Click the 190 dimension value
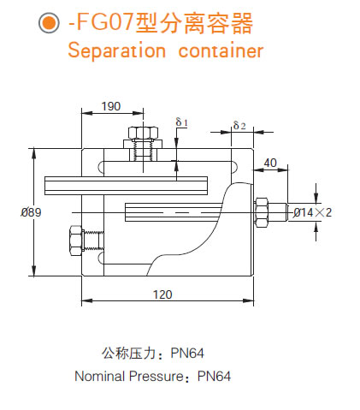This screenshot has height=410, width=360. tap(110, 106)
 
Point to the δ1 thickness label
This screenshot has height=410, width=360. tap(182, 122)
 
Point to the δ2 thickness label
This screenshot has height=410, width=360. tap(239, 126)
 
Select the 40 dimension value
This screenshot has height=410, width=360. tap(270, 163)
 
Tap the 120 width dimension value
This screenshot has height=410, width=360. tap(162, 294)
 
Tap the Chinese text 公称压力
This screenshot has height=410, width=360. tap(127, 353)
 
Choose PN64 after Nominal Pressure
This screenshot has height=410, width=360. tap(215, 376)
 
